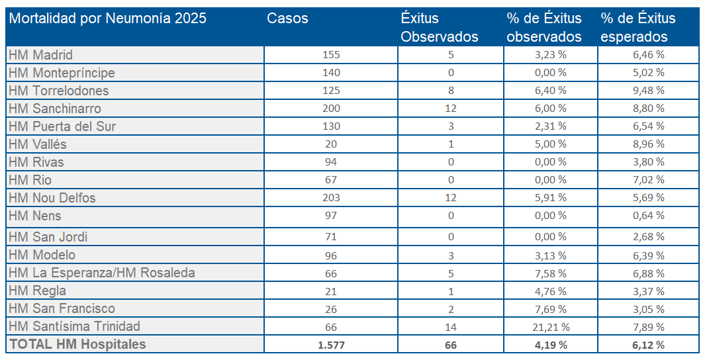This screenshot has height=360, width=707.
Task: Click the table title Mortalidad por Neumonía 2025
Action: coord(108,19)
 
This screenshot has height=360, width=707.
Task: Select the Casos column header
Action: coord(287,19)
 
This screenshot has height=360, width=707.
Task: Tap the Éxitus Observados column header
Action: coord(439,27)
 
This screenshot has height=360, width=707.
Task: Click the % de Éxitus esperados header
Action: coord(637,27)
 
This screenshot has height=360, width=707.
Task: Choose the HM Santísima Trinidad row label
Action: coord(74,326)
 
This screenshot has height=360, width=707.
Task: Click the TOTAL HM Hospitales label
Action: coord(77,344)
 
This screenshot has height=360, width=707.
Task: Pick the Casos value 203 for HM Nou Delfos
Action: coord(331,198)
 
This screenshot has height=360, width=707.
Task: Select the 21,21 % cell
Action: coord(550,326)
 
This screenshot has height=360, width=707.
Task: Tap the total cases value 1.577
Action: coord(331,345)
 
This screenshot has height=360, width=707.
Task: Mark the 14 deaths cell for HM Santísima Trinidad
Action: coord(451,326)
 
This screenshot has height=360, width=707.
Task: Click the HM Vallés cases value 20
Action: coord(331,144)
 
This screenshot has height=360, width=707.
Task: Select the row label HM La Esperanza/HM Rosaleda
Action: coord(102,273)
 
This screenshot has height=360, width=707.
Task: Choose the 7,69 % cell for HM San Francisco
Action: coord(550,308)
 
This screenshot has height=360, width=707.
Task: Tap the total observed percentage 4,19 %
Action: coord(550,345)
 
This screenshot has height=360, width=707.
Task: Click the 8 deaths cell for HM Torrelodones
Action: coord(451,91)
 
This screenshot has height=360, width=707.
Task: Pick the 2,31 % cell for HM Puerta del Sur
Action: coord(550,126)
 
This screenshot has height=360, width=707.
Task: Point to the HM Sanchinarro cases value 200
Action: coord(331,109)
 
